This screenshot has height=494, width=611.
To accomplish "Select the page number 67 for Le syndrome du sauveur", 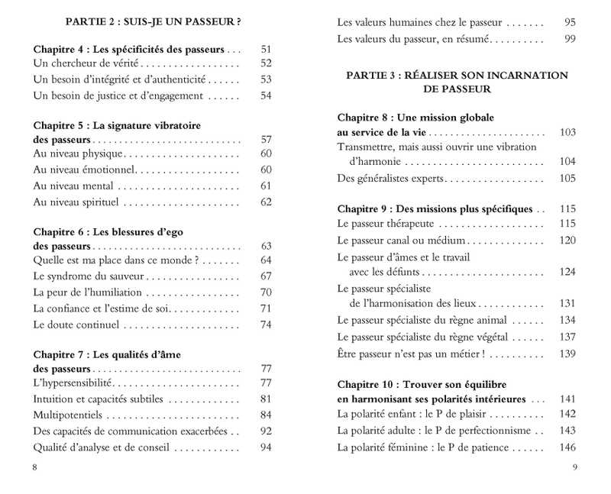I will [266, 276].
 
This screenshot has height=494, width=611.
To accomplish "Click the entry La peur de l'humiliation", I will [87, 292].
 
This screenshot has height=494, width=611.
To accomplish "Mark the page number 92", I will [266, 431].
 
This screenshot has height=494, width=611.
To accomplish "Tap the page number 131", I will [567, 303].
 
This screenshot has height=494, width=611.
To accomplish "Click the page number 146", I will [567, 447].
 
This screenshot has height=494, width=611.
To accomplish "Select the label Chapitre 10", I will [370, 383].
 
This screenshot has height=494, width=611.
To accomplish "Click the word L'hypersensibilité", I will [73, 383].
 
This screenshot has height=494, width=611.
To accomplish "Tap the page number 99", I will [569, 38].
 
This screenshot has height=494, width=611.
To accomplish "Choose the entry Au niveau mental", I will [73, 186].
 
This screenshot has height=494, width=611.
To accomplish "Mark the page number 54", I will [266, 95].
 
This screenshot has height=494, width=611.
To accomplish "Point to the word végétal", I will [488, 337].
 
